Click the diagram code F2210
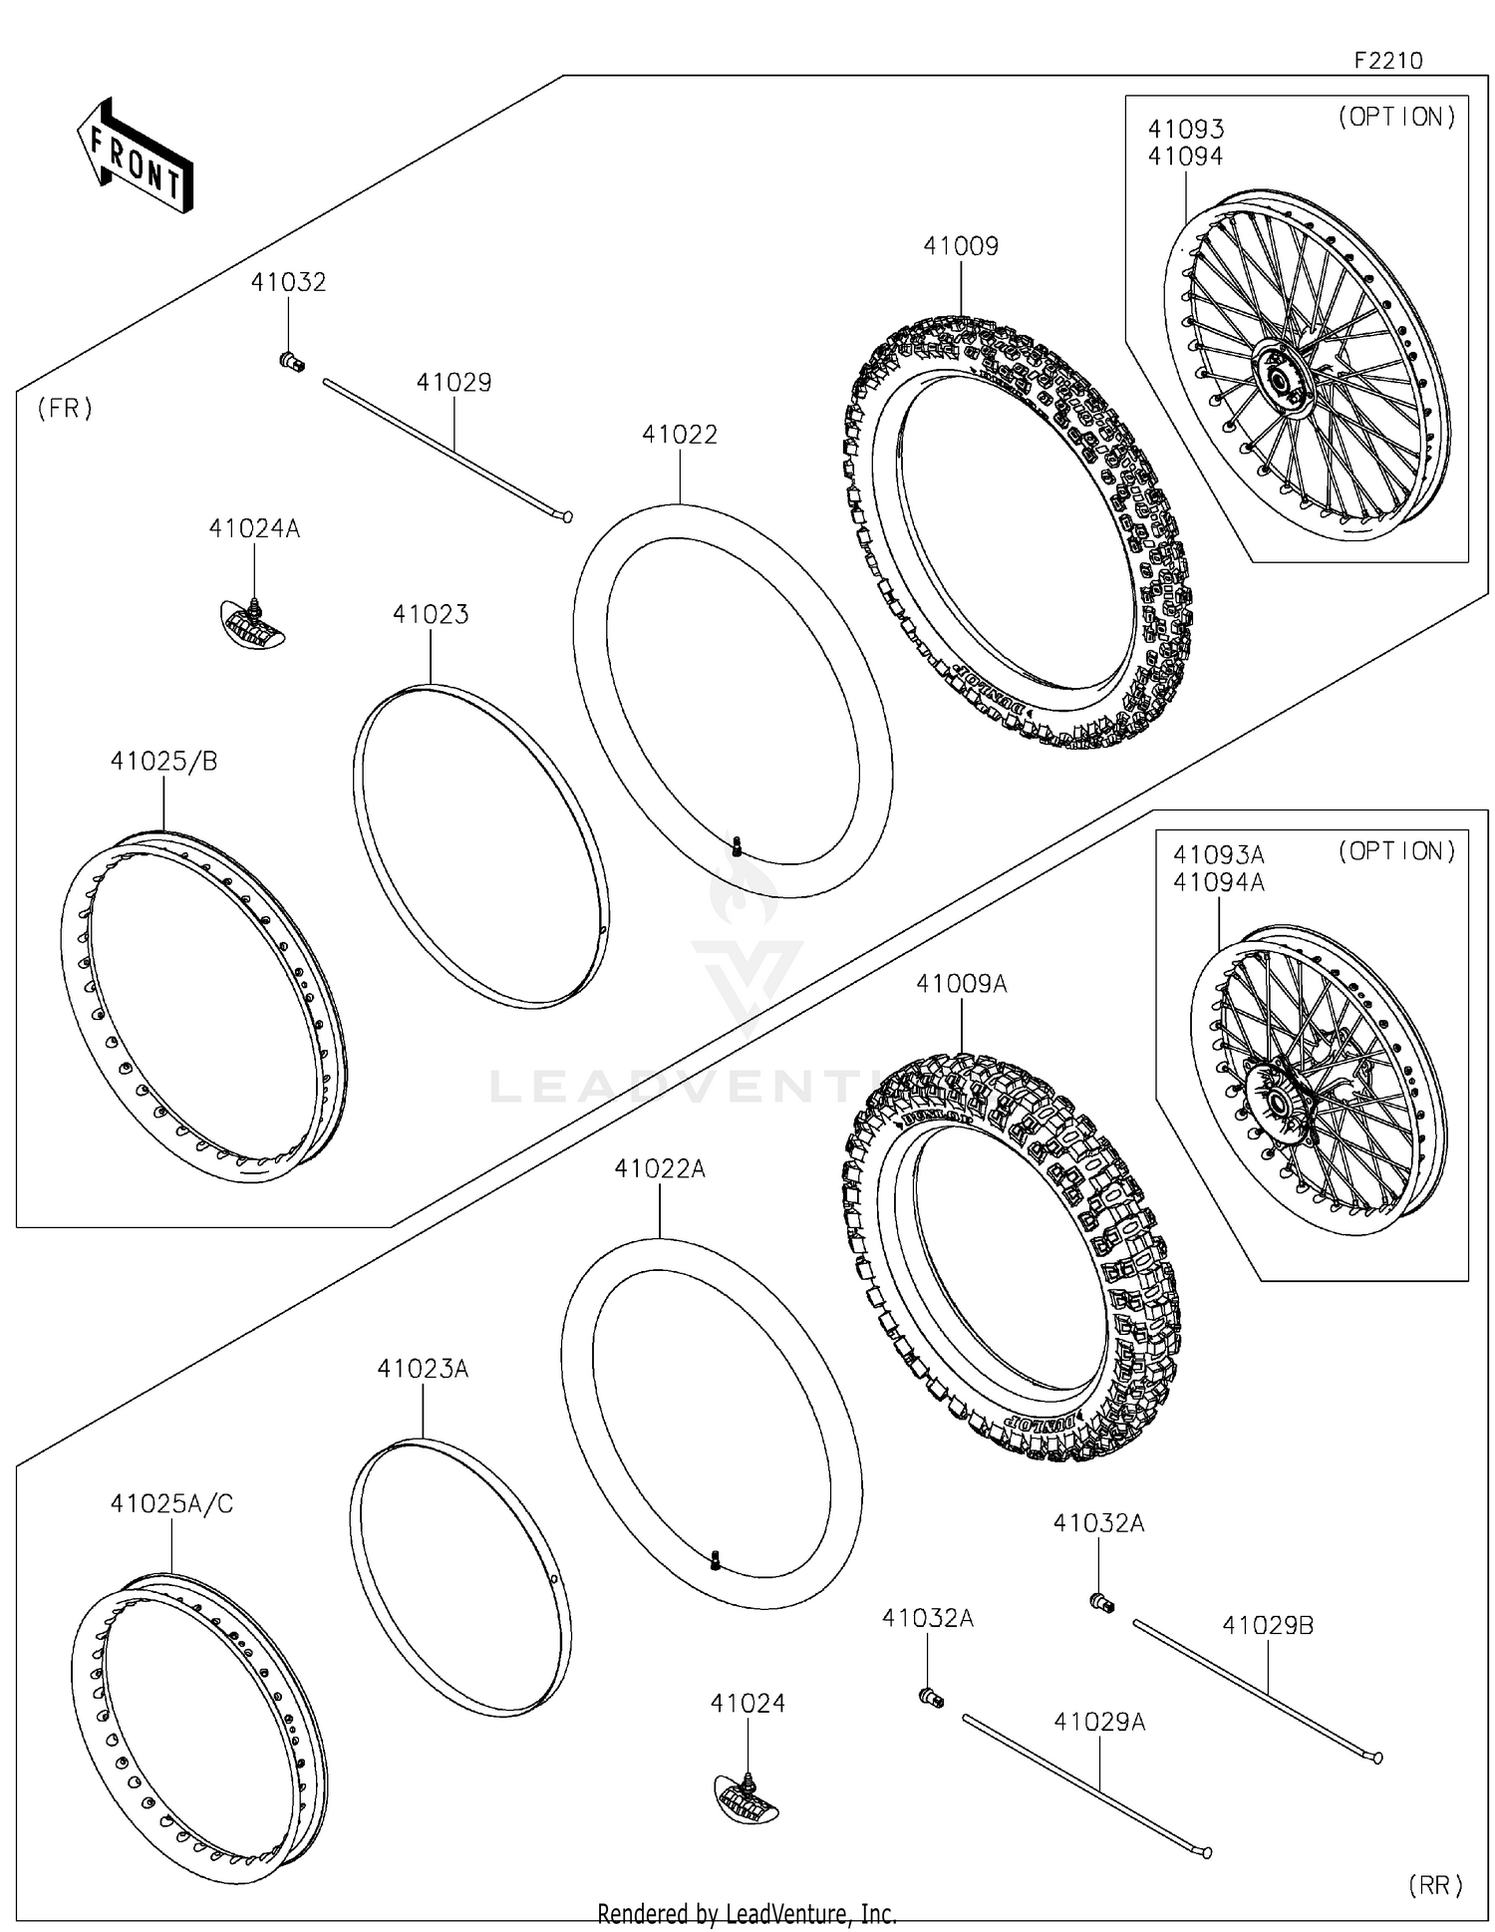[1388, 60]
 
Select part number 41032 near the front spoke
[288, 282]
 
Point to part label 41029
[453, 383]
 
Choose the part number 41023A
[423, 1369]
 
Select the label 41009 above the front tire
[961, 246]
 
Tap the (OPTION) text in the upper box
[1396, 117]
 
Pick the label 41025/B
[163, 761]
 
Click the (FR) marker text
[65, 408]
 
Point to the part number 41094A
[1218, 882]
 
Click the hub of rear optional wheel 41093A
[1273, 1103]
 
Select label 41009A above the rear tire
[962, 984]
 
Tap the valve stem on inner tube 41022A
[715, 1560]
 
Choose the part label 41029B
[1268, 1625]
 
